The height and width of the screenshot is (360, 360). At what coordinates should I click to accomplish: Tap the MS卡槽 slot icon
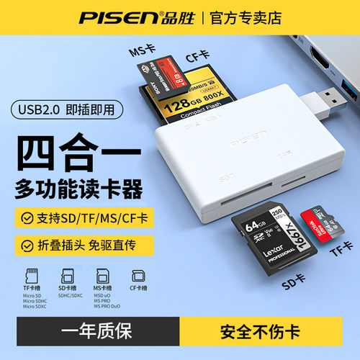(102, 274)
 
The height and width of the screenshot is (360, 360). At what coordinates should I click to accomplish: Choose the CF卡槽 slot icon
(137, 274)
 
